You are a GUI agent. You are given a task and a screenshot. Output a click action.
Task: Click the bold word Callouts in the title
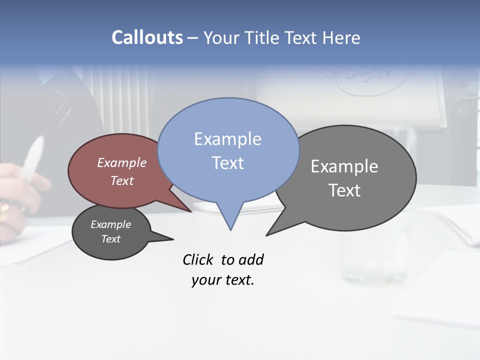click(x=147, y=37)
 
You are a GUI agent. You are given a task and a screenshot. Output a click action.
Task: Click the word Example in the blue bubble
click(x=227, y=139)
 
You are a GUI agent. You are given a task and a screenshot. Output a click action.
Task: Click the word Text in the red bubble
click(x=121, y=180)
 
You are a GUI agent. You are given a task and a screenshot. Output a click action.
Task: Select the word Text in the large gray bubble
click(x=344, y=190)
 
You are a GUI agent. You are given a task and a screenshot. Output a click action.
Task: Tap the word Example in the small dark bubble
click(x=110, y=224)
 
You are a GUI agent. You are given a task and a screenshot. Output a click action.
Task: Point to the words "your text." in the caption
click(x=223, y=280)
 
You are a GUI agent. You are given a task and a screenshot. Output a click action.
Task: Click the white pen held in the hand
click(x=33, y=160)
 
